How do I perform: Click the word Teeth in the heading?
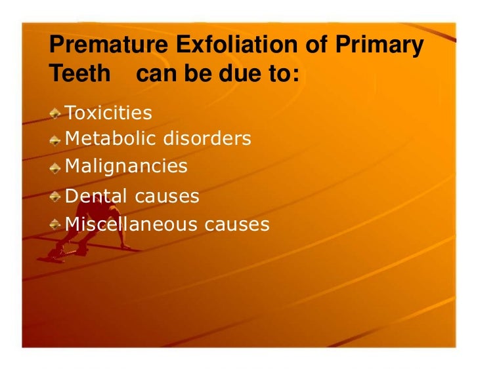pos(80,74)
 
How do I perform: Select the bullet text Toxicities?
pos(108,113)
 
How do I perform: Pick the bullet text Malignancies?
pos(126,166)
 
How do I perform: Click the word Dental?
pos(93,195)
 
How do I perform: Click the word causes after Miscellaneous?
pos(237,225)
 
